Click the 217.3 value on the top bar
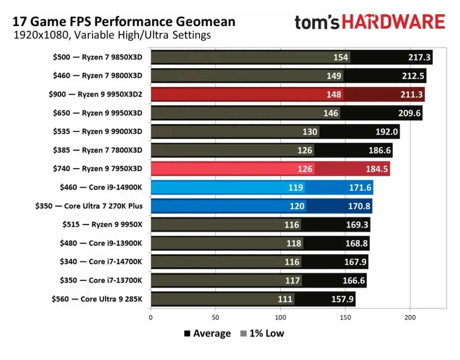coord(419,57)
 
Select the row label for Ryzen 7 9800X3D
coord(97,76)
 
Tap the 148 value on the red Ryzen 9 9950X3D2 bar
coord(334,94)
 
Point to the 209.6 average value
coord(409,113)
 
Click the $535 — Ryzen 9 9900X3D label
coord(97,132)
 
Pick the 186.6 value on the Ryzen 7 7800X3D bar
coord(379,150)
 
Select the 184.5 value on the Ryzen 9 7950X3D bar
coord(377,169)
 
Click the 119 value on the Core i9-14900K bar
coord(295,188)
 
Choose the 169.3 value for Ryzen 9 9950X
coord(357,225)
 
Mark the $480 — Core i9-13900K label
coord(101,243)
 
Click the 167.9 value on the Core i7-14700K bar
coord(355,262)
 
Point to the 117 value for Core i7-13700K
coord(292,280)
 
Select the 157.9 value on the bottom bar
coord(342,299)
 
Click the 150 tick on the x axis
coord(345,317)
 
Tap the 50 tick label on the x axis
coord(215,317)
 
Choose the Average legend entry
coord(208,333)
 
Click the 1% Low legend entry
coord(262,333)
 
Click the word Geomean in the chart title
coord(205,21)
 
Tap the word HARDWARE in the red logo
coord(393,22)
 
